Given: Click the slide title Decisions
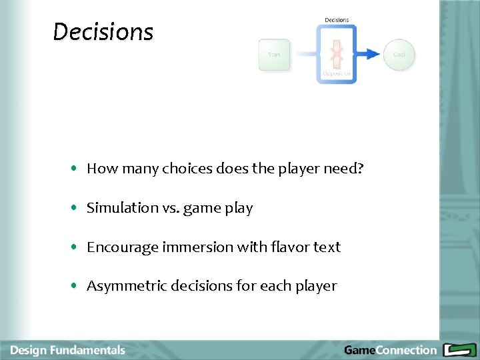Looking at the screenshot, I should coord(103,31).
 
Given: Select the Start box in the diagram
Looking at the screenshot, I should coord(274,55).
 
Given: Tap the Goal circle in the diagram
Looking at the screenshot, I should coord(399,55).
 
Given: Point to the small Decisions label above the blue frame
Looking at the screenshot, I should coord(337,20).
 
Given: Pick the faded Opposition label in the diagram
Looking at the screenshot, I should coord(337,73).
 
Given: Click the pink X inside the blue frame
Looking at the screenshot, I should coord(337,53).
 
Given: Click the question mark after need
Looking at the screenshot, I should coord(361,169).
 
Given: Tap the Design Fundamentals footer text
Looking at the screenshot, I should coord(68,350).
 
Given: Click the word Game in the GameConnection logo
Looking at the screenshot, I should coord(359,350).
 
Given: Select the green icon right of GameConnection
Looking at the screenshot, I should coord(458,350).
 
